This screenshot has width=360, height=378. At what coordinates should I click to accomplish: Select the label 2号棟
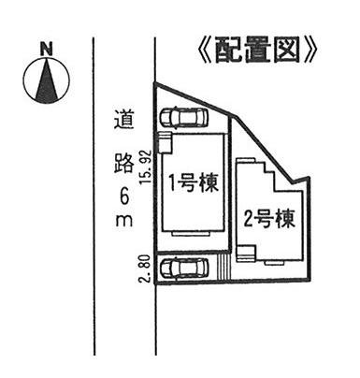click(x=269, y=221)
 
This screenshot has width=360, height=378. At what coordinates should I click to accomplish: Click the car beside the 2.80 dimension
click(x=184, y=268)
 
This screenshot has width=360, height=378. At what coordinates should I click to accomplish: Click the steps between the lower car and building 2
click(x=223, y=269)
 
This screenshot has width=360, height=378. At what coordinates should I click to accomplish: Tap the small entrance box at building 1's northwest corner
click(x=165, y=141)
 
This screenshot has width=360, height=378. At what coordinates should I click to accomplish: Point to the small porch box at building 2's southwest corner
click(x=245, y=253)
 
